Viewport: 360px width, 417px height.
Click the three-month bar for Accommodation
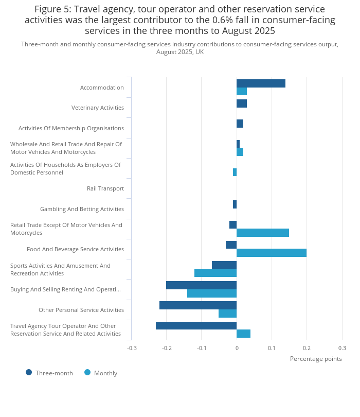(x=261, y=83)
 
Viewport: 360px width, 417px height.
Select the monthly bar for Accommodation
(x=242, y=92)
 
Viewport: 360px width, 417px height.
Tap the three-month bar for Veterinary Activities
(x=242, y=103)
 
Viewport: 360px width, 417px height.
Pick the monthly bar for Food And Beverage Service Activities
(x=272, y=253)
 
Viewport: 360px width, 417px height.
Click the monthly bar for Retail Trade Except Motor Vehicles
(x=263, y=233)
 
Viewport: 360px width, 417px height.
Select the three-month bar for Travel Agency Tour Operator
(x=196, y=325)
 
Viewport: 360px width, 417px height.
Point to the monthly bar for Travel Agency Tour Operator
(x=243, y=334)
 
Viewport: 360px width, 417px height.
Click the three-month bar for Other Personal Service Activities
(x=198, y=305)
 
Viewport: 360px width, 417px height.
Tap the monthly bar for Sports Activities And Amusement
(x=215, y=273)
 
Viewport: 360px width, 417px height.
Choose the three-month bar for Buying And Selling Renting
(x=201, y=285)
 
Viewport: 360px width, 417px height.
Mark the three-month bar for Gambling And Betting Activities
(x=235, y=204)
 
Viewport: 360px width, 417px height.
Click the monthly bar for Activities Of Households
(x=235, y=172)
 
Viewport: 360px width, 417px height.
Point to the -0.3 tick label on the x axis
(x=132, y=348)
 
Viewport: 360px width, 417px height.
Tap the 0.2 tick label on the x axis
(x=307, y=348)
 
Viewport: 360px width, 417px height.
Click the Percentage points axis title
(x=316, y=359)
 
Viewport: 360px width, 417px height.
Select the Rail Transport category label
(x=105, y=188)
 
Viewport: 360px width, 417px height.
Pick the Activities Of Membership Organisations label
(x=71, y=128)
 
